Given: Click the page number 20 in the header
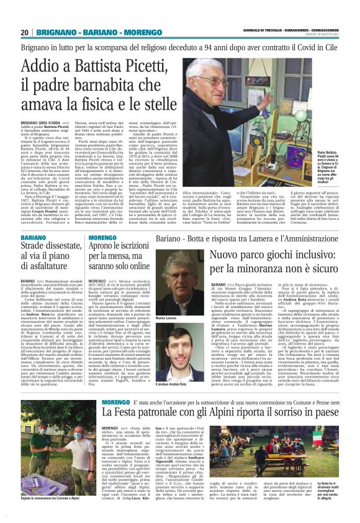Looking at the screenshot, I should click(x=25, y=32).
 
